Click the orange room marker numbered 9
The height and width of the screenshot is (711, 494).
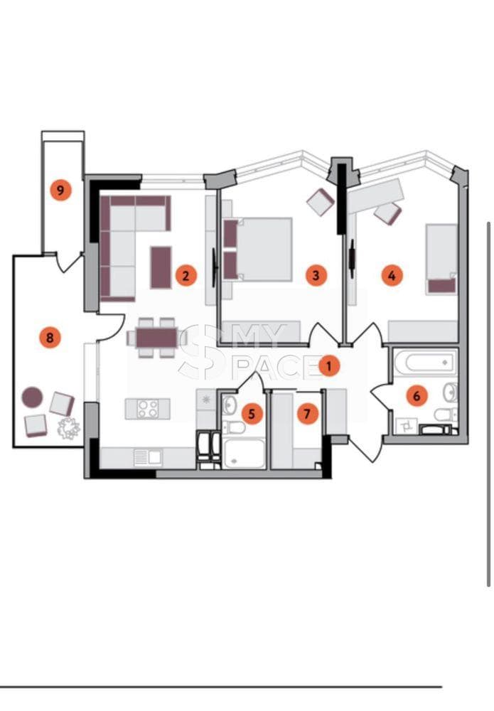pyautogui.click(x=60, y=190)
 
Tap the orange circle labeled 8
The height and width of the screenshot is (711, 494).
pyautogui.click(x=50, y=337)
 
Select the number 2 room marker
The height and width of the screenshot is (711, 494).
pyautogui.click(x=186, y=274)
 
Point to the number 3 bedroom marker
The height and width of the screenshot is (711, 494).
pyautogui.click(x=316, y=274)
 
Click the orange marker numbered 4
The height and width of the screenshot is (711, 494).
pyautogui.click(x=392, y=274)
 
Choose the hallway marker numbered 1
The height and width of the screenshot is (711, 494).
pyautogui.click(x=329, y=365)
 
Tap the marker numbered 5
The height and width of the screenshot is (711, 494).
pyautogui.click(x=252, y=414)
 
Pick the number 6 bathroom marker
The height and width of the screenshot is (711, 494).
pyautogui.click(x=417, y=396)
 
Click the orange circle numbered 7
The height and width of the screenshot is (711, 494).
pyautogui.click(x=307, y=414)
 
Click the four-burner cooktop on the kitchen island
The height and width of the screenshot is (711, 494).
pyautogui.click(x=148, y=408)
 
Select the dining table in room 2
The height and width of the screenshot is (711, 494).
pyautogui.click(x=157, y=337)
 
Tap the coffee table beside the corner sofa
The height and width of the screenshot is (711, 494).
pyautogui.click(x=161, y=267)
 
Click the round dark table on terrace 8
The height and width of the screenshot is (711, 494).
pyautogui.click(x=32, y=397)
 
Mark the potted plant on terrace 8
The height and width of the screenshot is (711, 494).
pyautogui.click(x=68, y=428)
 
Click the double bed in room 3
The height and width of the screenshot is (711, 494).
pyautogui.click(x=257, y=250)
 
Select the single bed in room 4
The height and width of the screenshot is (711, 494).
pyautogui.click(x=441, y=260)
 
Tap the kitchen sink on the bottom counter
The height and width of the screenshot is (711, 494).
pyautogui.click(x=148, y=457)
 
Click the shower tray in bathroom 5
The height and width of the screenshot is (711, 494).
pyautogui.click(x=245, y=454)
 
